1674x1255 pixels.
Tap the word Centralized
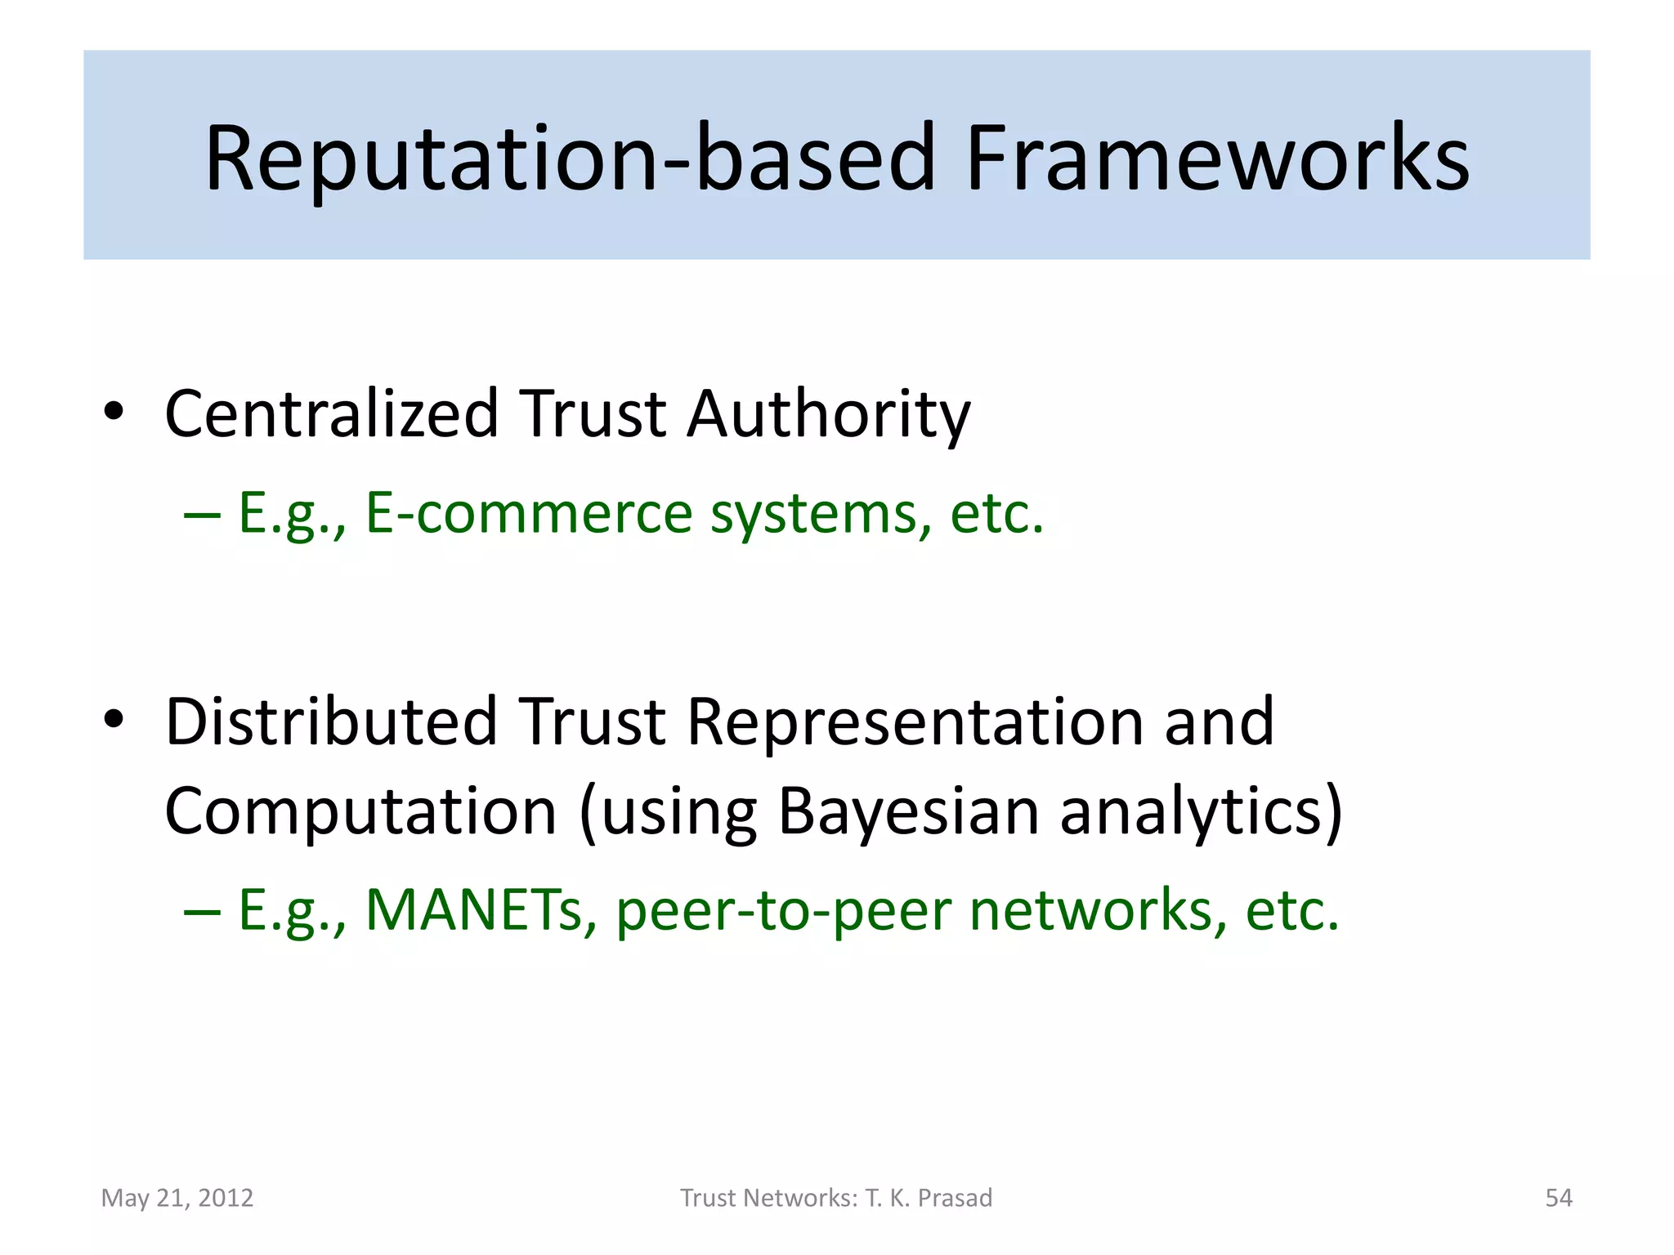[x=331, y=413]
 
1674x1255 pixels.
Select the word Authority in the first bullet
[x=828, y=413]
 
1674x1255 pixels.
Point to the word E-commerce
[x=528, y=513]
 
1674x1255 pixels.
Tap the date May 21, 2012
[x=177, y=1198]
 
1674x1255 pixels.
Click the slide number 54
[x=1558, y=1198]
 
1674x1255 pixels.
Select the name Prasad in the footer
[x=955, y=1198]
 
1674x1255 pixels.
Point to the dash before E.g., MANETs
[x=202, y=911]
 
